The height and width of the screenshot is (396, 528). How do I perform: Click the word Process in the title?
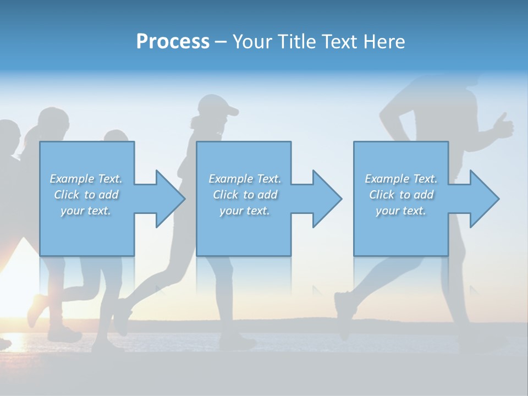coord(173,41)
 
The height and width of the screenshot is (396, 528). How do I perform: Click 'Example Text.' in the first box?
coord(86,179)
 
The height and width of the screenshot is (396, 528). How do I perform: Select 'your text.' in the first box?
coord(86,211)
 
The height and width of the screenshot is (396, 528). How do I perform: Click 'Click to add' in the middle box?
coord(245,195)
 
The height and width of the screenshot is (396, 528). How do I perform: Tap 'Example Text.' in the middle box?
coord(245,179)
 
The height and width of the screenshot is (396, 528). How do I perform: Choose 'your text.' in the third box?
coord(401,211)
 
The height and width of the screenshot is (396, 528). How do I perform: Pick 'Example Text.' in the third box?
coord(401,179)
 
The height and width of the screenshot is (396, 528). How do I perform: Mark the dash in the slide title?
coord(221,42)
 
